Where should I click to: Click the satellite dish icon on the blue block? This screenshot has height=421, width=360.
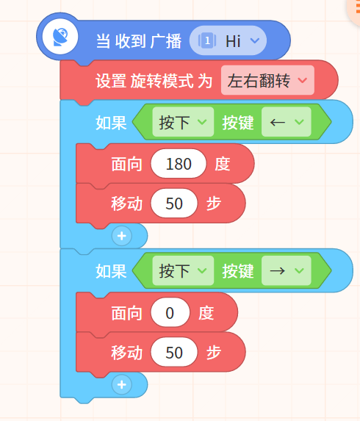coord(60,37)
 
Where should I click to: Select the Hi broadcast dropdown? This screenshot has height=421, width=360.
coord(228,40)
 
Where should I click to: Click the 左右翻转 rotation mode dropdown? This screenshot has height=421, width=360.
coord(267,80)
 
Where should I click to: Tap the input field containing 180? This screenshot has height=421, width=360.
coord(179,164)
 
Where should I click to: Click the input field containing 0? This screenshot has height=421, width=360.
coord(170,312)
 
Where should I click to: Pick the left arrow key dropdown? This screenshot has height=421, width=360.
coord(287,122)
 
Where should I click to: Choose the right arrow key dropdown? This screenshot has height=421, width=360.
coord(287,270)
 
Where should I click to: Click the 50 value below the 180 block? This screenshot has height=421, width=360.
coord(174,204)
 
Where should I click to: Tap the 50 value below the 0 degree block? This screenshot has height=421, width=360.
coord(174,352)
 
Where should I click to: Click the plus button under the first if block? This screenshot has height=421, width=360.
coord(122,236)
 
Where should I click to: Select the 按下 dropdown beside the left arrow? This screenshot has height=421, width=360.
coord(183,122)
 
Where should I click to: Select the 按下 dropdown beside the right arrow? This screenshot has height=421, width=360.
coord(183,270)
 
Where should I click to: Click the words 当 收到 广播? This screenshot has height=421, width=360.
coord(139,41)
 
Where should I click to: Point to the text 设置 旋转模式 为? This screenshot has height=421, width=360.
coord(154,81)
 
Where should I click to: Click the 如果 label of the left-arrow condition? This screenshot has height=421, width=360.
coord(111,123)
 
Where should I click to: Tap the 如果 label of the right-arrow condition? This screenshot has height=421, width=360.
coord(111,271)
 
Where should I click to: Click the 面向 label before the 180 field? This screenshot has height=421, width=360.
coord(126,164)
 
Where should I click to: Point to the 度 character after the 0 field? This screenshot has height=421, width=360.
coord(206,313)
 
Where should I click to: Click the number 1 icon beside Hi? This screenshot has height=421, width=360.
coord(207,40)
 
